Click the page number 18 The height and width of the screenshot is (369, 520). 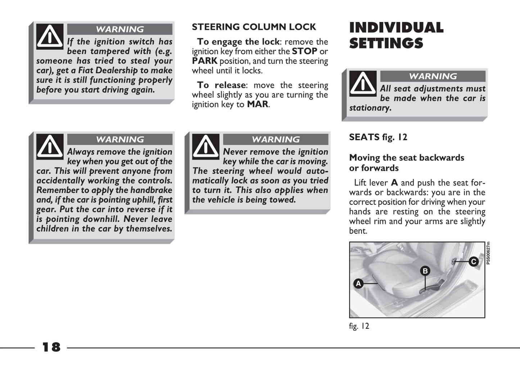(51, 347)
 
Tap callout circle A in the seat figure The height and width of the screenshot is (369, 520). (358, 284)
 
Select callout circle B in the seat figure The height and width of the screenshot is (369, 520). (425, 271)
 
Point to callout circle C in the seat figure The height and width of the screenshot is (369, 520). (474, 262)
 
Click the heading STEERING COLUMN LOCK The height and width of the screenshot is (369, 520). (254, 27)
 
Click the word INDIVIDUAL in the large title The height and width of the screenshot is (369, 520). (396, 28)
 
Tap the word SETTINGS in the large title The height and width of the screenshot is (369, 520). (386, 44)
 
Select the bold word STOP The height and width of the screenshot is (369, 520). (304, 51)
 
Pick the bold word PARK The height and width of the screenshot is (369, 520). (204, 61)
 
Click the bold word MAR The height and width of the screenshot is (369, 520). (257, 104)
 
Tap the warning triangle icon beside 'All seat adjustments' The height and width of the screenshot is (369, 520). (363, 83)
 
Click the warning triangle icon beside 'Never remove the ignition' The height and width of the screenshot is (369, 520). (206, 147)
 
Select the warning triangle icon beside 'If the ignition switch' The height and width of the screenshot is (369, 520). (50, 36)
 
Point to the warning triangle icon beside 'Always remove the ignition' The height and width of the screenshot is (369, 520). (50, 147)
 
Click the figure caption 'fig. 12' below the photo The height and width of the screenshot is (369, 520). (359, 326)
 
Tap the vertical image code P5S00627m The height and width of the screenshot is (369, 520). (488, 253)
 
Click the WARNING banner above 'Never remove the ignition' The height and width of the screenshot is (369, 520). (276, 140)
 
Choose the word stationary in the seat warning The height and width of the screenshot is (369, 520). (370, 108)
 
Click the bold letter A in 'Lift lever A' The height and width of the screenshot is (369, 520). (394, 183)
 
